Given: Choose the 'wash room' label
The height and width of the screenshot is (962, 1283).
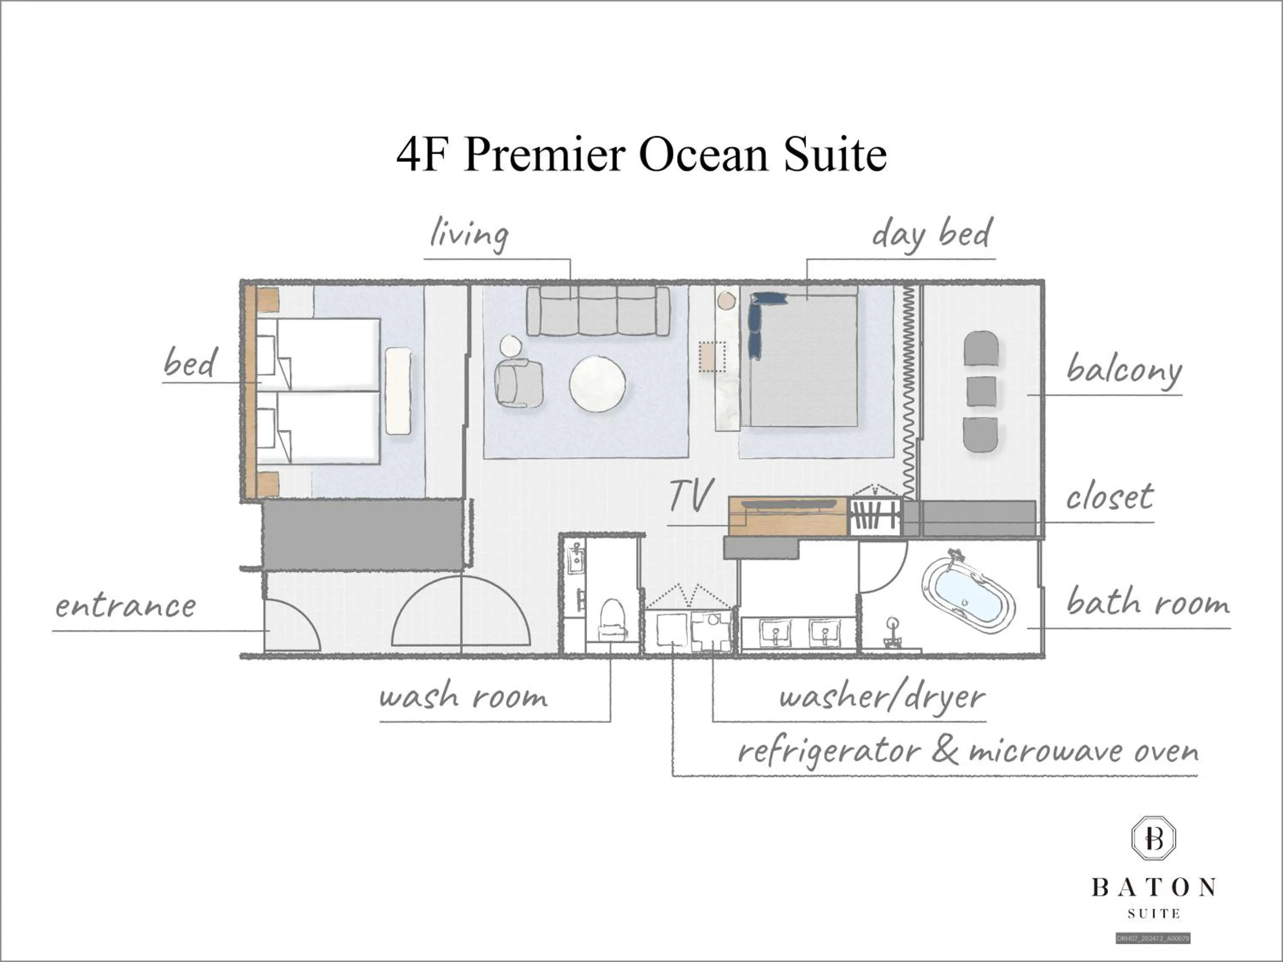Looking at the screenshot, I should coord(463,696).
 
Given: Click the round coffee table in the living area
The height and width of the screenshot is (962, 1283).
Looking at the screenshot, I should coord(597,383).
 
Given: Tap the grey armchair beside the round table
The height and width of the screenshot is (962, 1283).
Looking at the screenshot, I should coord(518,383).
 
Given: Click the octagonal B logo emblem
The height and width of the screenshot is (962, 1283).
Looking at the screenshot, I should coord(1154,838).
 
